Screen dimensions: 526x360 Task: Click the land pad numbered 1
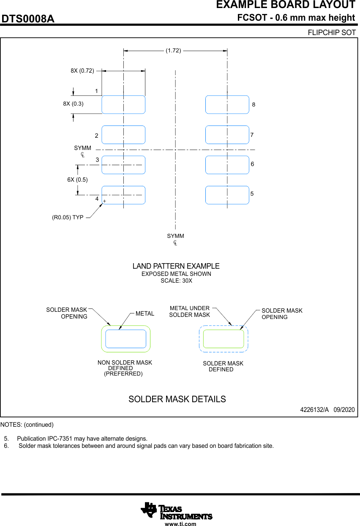(x=123, y=104)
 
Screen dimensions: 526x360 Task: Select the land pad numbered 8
(x=227, y=104)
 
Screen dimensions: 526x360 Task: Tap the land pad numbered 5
(x=227, y=195)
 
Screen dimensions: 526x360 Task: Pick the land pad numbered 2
(x=123, y=135)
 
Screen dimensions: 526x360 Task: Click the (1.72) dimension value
(x=173, y=50)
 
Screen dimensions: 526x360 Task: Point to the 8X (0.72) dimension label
(x=82, y=71)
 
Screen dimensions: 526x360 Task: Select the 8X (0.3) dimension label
(x=73, y=104)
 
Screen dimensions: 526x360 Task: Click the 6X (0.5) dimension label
(x=78, y=180)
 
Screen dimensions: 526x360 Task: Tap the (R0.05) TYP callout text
(x=68, y=218)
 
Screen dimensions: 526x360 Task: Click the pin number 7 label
(x=252, y=135)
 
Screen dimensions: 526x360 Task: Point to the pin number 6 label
(x=252, y=164)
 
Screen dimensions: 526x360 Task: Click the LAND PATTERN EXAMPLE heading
(x=176, y=266)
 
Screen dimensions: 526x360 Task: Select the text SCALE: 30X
(x=176, y=281)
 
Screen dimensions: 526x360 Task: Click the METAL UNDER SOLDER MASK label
(x=189, y=311)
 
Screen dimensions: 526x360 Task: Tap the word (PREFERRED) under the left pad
(x=123, y=374)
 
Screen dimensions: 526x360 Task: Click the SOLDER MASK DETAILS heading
(x=177, y=399)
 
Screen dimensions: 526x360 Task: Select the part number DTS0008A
(x=28, y=19)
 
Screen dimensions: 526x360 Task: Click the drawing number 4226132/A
(x=314, y=410)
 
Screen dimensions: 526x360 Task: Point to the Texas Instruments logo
(x=176, y=510)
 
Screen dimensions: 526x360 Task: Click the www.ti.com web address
(x=180, y=524)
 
